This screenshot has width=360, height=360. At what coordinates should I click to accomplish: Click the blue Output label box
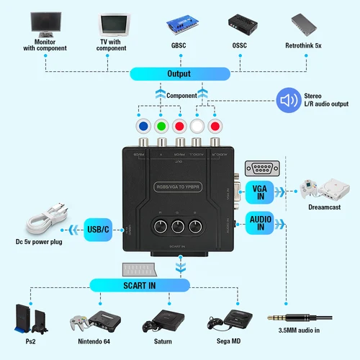tap(179, 73)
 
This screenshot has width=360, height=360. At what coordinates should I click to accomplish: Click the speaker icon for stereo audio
tap(289, 100)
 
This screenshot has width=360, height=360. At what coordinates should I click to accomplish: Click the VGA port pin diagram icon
tap(261, 168)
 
